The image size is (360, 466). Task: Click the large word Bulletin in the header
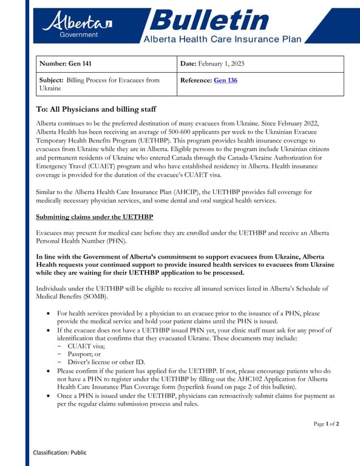[x=209, y=20]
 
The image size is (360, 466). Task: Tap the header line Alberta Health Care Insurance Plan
[x=222, y=39]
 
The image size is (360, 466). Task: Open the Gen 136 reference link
[x=225, y=80]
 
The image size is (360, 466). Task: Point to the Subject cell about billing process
[x=100, y=84]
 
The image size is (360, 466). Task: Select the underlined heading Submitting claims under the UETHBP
[x=95, y=217]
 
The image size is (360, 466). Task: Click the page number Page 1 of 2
[x=326, y=424]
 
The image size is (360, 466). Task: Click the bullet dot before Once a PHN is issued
[x=49, y=396]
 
